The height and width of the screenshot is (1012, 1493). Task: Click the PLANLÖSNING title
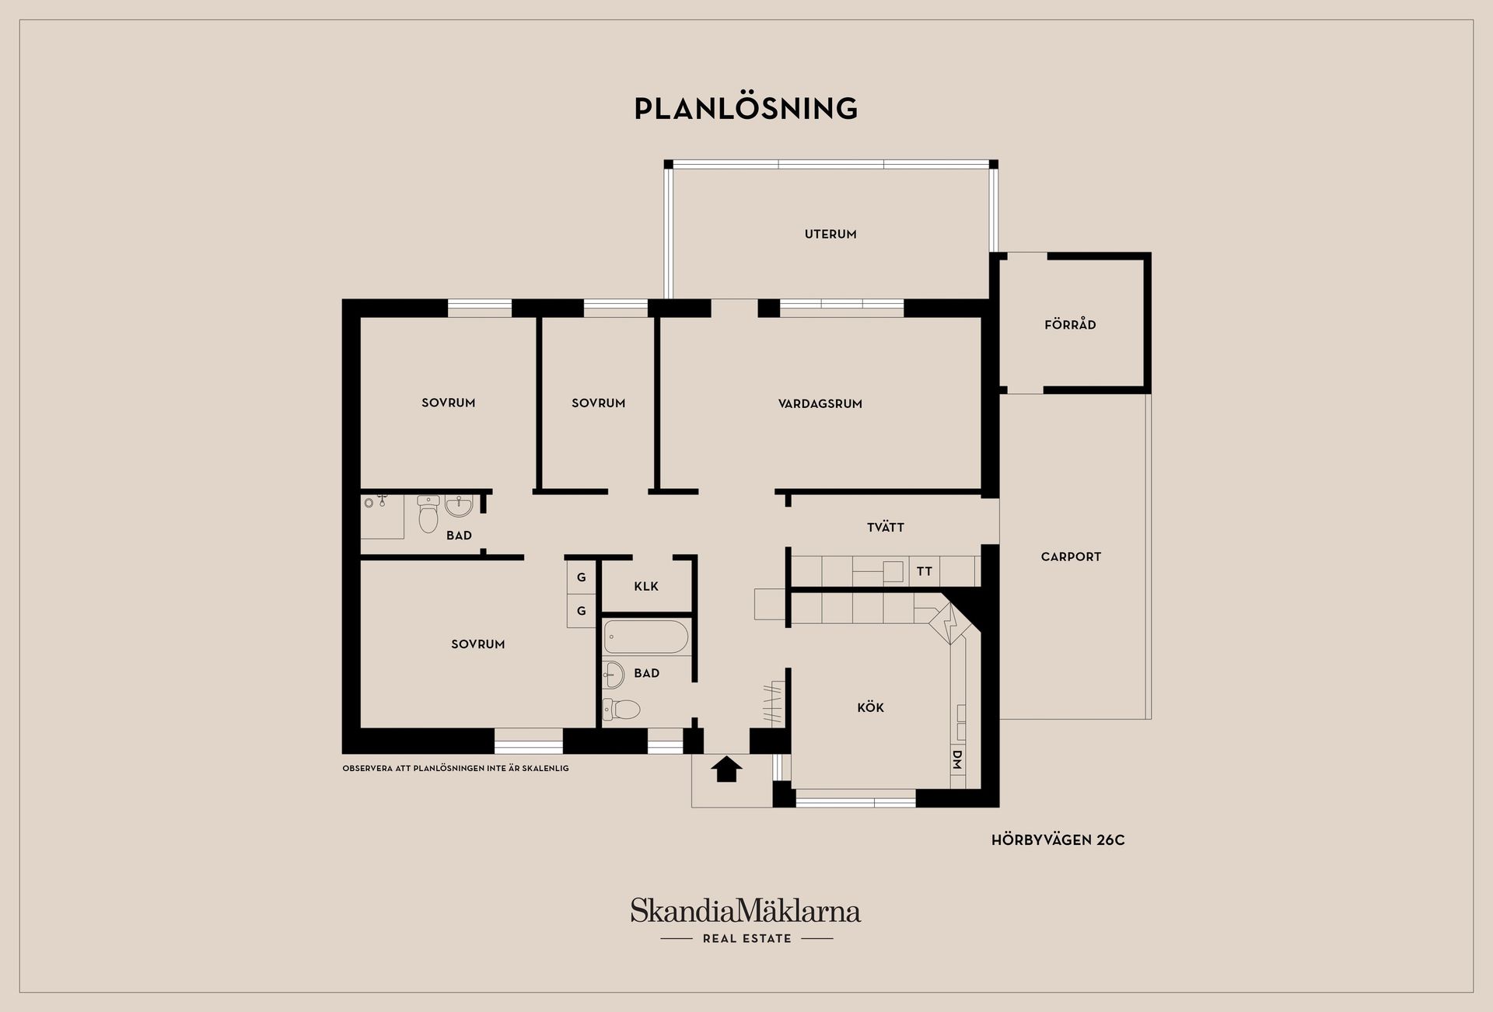(x=746, y=108)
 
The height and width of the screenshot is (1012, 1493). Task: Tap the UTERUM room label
(x=830, y=234)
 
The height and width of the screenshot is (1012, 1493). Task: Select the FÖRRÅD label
(x=1070, y=324)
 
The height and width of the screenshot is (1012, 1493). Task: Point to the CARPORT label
(x=1071, y=557)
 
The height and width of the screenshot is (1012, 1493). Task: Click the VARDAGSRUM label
(x=820, y=403)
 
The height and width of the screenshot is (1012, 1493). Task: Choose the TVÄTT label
(x=886, y=527)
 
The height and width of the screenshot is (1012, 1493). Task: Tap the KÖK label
(x=871, y=707)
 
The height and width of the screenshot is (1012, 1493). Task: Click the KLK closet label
(x=646, y=586)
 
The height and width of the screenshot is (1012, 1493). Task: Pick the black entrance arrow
(x=727, y=769)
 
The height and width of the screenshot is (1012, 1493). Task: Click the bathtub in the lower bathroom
(x=646, y=637)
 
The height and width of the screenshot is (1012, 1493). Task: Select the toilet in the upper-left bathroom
(x=428, y=514)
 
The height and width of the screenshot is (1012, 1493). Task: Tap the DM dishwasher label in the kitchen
(x=957, y=759)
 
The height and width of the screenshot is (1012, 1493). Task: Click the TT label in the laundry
(x=924, y=571)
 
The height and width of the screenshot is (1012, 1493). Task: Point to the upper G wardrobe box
(x=581, y=578)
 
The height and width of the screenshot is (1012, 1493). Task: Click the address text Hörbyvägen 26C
(x=1058, y=839)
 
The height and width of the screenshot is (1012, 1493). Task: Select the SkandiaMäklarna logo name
(x=746, y=910)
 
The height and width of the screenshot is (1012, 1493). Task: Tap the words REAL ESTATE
(x=746, y=939)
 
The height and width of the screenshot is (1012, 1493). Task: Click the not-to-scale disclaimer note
(x=456, y=768)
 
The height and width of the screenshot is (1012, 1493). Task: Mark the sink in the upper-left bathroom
(x=459, y=506)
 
